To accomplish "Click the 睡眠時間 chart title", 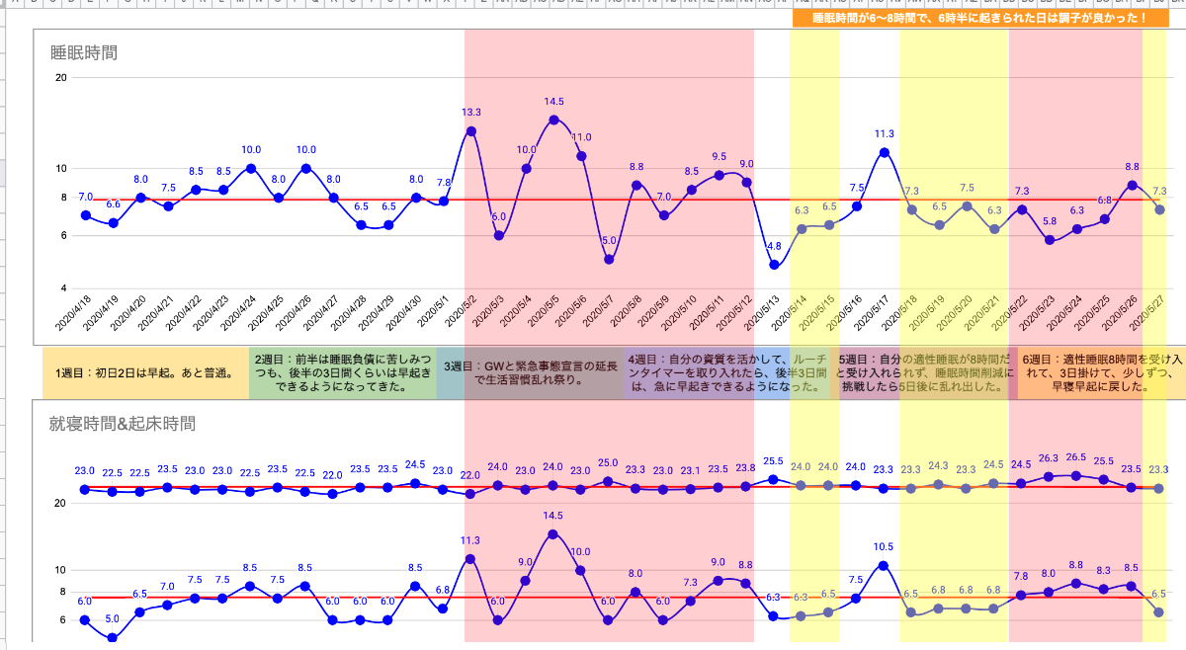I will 84,52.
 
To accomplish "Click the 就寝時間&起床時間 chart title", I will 123,424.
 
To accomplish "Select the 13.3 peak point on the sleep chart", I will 471,130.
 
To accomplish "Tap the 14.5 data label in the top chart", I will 553,102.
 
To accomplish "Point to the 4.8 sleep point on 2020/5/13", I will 775,265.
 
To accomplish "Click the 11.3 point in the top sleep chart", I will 885,152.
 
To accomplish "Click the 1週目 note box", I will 144,373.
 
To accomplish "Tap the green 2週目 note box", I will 342,373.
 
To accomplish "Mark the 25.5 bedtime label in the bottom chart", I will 774,461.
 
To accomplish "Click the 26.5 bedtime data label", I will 1076,458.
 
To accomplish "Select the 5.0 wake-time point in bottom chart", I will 112,638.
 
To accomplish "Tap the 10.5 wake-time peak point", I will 884,565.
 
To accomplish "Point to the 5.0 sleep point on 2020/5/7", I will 609,259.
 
